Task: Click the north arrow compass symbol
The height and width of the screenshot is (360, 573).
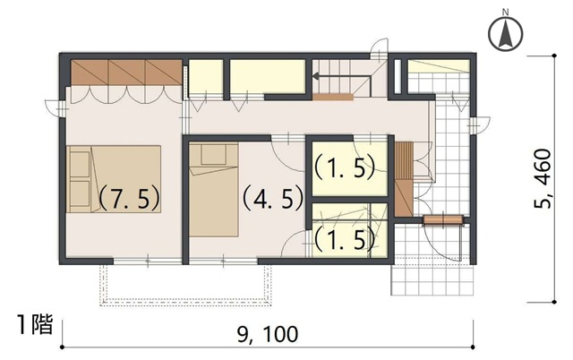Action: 505,34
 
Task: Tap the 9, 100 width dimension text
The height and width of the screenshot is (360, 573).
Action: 268,334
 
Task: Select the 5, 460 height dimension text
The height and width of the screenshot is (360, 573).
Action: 542,178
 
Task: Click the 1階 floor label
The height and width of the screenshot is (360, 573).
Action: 36,324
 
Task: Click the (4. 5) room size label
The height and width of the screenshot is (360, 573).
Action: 273,198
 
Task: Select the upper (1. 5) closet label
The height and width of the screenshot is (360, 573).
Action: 345,167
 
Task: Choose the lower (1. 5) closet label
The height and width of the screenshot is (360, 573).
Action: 345,239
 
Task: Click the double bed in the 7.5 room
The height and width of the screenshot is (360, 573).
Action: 114,179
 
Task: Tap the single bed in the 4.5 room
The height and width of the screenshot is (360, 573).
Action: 214,190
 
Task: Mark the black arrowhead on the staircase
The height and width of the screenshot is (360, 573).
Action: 316,76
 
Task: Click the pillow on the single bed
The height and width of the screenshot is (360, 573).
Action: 213,155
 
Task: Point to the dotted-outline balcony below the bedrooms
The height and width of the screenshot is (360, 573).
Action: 186,286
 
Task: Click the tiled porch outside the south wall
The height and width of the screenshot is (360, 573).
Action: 432,277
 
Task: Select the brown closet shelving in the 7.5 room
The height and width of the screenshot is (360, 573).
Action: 126,73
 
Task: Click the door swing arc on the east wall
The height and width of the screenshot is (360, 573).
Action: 483,125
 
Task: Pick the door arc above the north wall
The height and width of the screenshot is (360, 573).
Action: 379,46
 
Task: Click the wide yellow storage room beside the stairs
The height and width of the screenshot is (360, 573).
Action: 268,77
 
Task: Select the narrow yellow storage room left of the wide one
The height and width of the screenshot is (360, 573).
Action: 205,77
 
